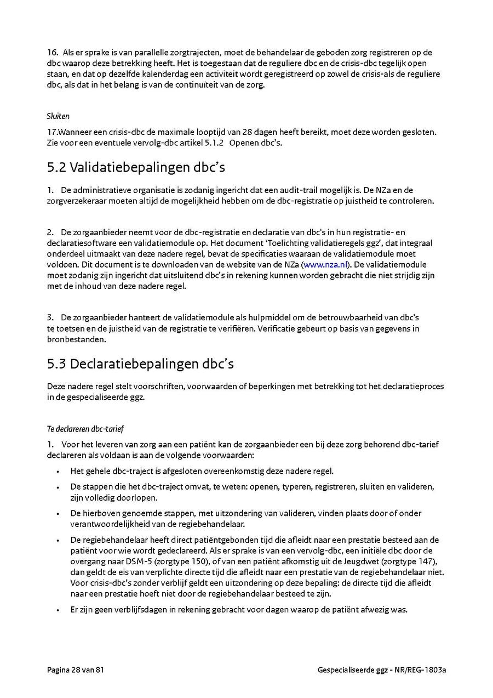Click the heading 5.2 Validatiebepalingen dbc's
pyautogui.click(x=136, y=167)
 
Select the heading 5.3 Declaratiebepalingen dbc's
pyautogui.click(x=141, y=364)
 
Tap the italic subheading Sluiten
pyautogui.click(x=58, y=116)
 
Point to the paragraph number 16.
pyautogui.click(x=52, y=53)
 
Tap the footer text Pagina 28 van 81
pyautogui.click(x=76, y=670)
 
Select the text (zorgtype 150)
pyautogui.click(x=185, y=561)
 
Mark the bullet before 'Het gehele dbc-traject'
pyautogui.click(x=58, y=472)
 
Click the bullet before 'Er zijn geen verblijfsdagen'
pyautogui.click(x=58, y=610)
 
